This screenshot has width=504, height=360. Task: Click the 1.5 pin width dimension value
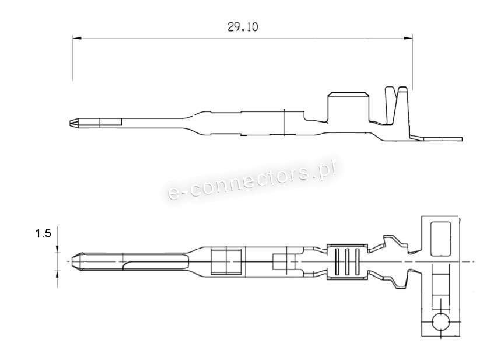point(43,234)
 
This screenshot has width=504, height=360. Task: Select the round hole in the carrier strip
point(441,322)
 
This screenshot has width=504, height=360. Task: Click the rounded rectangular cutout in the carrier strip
point(441,238)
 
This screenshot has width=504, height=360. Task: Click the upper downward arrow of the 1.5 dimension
point(57,249)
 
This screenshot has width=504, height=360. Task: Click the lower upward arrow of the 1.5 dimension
point(57,274)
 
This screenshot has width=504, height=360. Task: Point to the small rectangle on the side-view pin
point(111,123)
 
